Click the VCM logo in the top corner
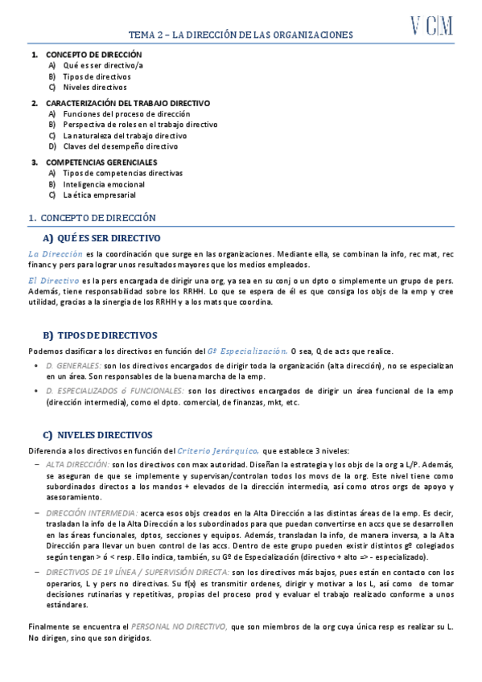[432, 27]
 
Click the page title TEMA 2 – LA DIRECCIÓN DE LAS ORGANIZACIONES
[241, 35]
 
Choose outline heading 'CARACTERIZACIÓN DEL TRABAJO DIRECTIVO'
[128, 103]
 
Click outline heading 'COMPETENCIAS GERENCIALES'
[101, 162]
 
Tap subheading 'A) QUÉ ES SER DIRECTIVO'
[101, 238]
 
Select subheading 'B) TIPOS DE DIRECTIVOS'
[100, 335]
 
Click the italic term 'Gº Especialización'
[247, 351]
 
